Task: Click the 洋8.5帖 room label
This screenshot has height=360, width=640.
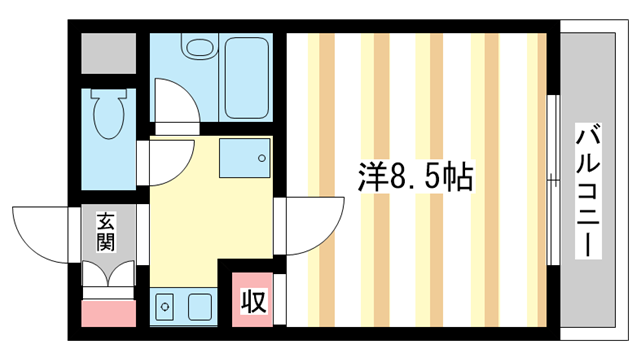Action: click(x=416, y=177)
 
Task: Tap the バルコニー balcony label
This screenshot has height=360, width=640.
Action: click(x=588, y=191)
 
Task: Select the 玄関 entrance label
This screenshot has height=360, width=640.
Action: click(x=106, y=232)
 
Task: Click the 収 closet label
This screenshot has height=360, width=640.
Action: click(x=253, y=301)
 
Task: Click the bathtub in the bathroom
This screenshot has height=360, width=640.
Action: click(x=247, y=78)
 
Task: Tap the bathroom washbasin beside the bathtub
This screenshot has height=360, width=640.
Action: click(x=200, y=48)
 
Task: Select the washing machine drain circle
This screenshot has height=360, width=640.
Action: click(x=261, y=158)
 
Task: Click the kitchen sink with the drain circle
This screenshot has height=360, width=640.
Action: click(x=165, y=306)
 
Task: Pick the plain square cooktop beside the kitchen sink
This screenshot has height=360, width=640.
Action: click(x=200, y=307)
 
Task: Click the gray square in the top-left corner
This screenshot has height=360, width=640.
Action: click(x=109, y=53)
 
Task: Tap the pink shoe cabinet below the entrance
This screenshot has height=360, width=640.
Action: click(x=109, y=313)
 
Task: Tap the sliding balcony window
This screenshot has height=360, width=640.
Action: click(x=553, y=180)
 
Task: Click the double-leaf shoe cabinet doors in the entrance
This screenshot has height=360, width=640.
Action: click(x=109, y=273)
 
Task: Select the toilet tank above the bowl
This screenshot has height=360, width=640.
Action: click(x=109, y=93)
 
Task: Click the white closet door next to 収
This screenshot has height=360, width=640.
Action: click(x=280, y=299)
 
